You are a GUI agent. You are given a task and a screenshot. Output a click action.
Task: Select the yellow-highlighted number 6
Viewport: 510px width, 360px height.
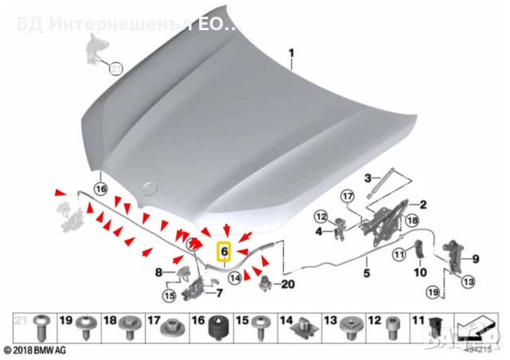[x=224, y=252]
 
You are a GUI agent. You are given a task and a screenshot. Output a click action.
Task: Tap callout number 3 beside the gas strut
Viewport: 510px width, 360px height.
[x=367, y=177]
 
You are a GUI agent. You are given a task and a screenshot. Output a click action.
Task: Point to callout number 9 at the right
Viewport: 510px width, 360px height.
[x=476, y=258]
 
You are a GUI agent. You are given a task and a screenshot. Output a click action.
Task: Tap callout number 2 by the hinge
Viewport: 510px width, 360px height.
[x=423, y=205]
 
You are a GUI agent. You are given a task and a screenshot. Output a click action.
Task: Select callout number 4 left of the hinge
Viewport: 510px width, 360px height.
[x=317, y=232]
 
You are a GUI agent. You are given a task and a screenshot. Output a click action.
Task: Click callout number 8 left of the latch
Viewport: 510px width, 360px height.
[x=159, y=272]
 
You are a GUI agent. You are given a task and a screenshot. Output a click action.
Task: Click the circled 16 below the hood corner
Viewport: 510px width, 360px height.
[x=100, y=189]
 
